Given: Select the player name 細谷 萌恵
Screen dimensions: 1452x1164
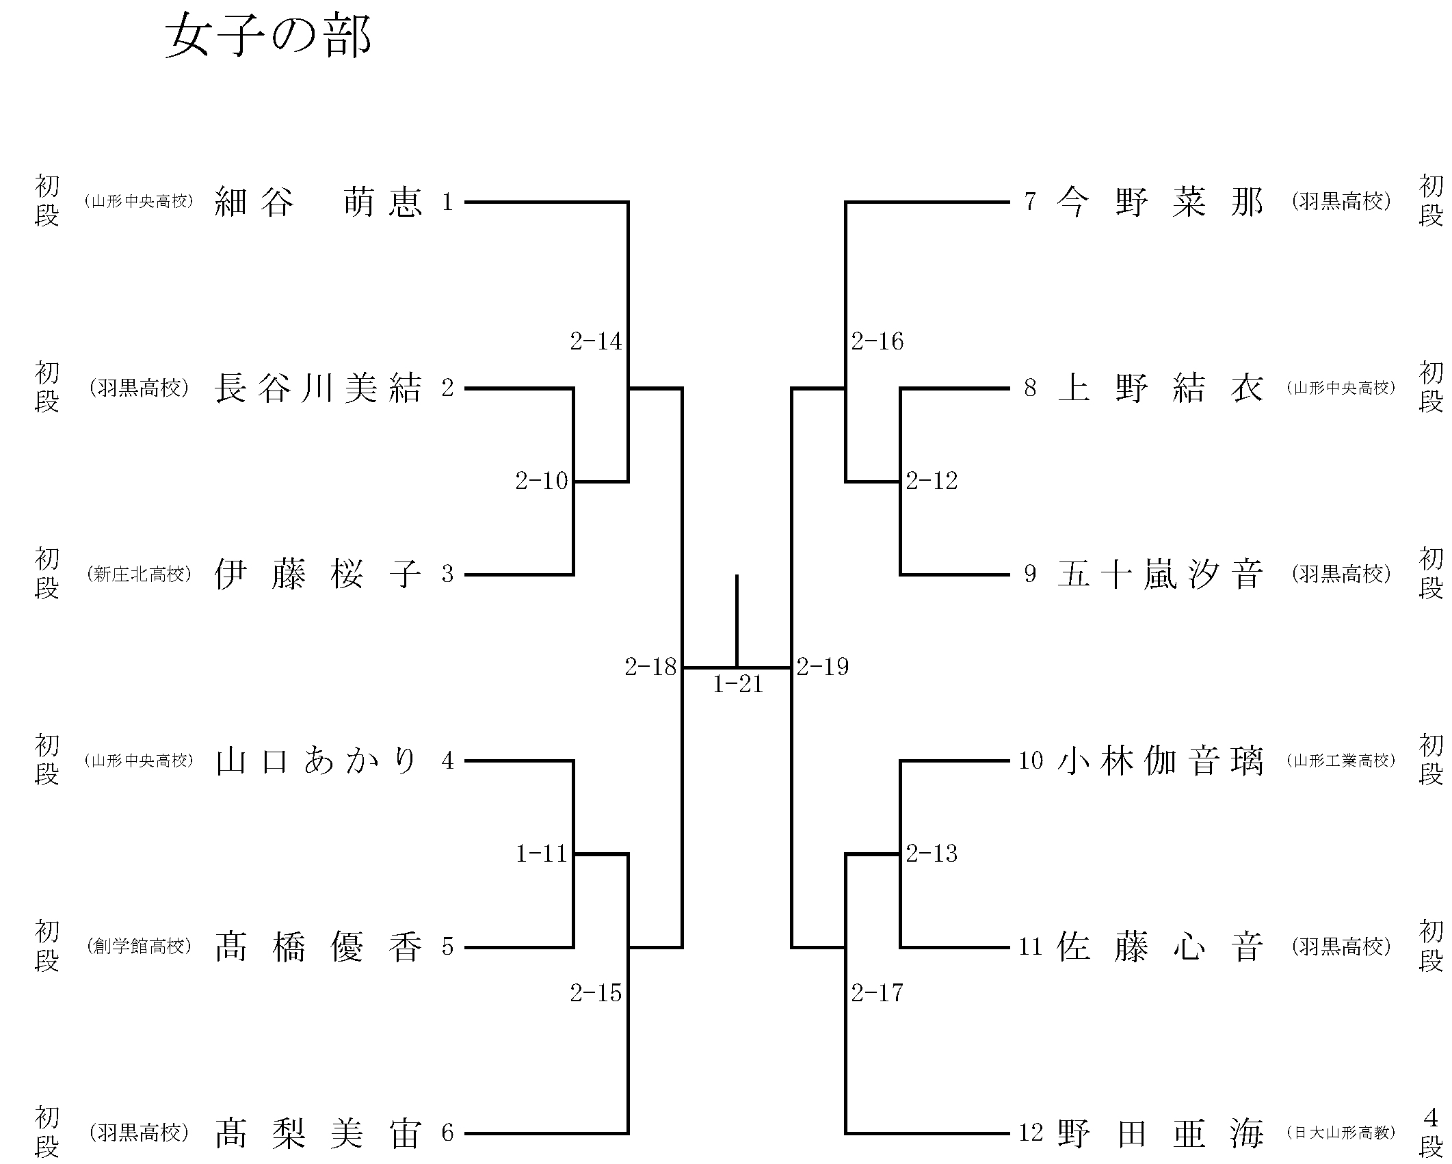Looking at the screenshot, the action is [x=319, y=202].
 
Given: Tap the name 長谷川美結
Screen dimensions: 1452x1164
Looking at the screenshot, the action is [x=319, y=388].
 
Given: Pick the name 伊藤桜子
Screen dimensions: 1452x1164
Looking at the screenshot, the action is [x=319, y=574].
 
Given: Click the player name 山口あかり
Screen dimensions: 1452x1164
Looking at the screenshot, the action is [x=317, y=760].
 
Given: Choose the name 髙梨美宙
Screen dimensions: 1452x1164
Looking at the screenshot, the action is [x=319, y=1133].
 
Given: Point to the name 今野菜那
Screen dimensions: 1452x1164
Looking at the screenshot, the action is [x=1160, y=202].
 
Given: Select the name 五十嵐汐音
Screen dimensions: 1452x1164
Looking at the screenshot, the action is [x=1160, y=574].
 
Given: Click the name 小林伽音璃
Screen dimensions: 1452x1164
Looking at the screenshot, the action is [x=1160, y=760].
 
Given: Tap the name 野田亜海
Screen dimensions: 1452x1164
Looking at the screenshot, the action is [x=1160, y=1133].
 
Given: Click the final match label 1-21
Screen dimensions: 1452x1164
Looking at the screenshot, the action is [x=738, y=685].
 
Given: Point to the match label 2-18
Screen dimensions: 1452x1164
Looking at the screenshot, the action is [x=650, y=667].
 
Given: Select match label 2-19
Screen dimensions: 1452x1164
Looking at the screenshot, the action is [x=823, y=667].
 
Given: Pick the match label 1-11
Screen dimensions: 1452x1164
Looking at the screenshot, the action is [x=542, y=854].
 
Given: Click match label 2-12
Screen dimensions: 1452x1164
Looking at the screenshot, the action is [x=932, y=481].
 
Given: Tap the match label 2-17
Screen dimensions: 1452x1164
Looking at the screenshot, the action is [x=877, y=992].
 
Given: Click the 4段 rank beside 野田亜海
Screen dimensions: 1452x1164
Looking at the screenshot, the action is [x=1431, y=1133].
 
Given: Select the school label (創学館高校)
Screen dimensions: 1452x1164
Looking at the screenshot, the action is [x=139, y=947].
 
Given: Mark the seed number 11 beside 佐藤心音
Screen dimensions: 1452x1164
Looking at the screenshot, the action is [x=1031, y=947].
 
